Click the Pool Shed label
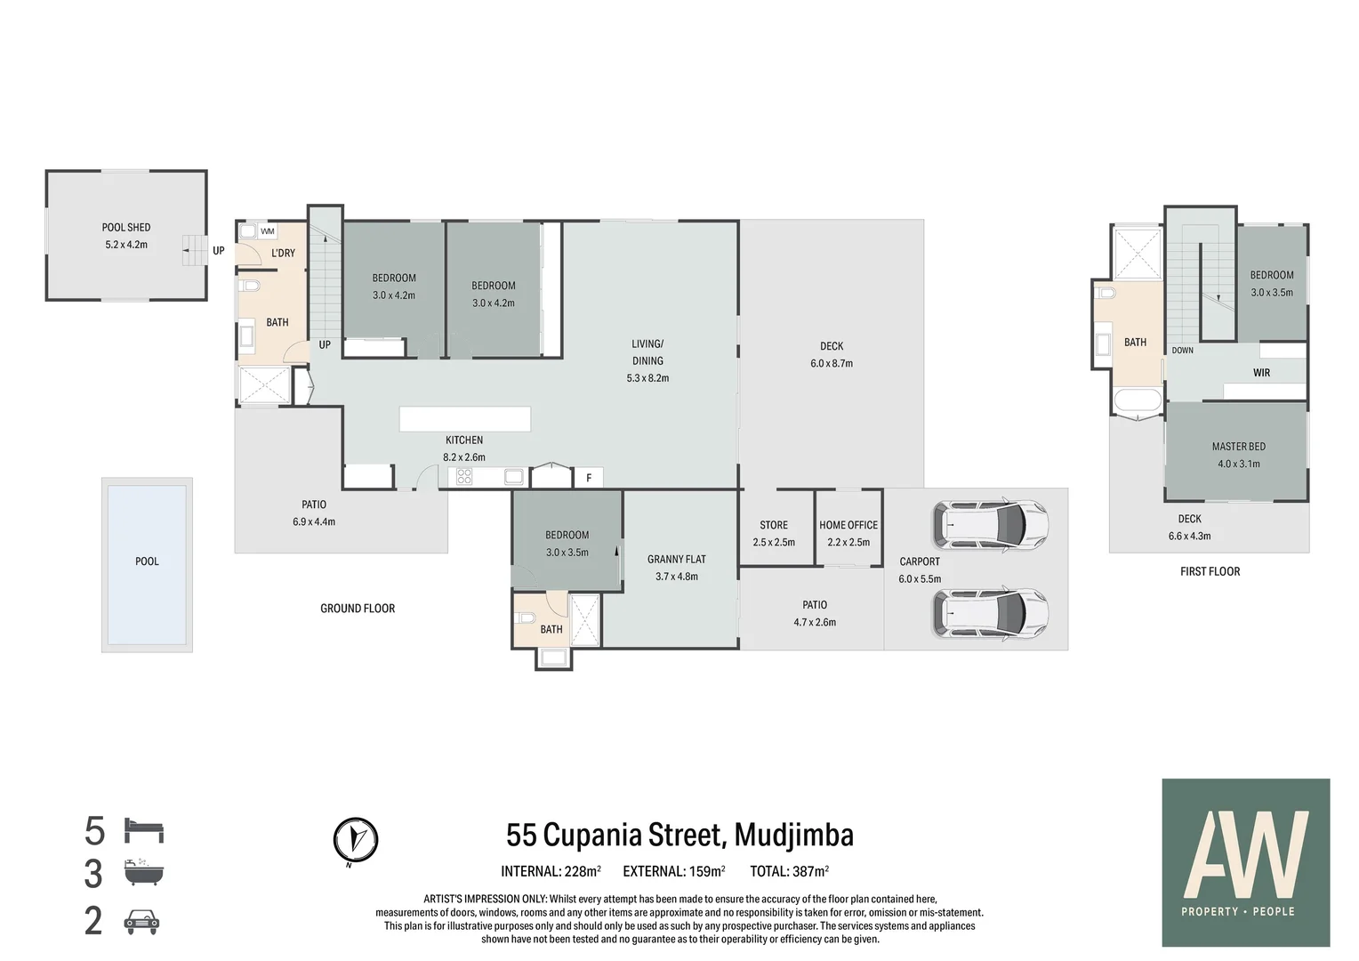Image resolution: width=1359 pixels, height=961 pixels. coord(125,228)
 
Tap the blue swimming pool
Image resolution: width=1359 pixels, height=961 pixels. coord(147,564)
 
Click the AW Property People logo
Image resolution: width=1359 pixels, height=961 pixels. coord(1245,862)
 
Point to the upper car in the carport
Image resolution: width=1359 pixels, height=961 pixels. coord(989,524)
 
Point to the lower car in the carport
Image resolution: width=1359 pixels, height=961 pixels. coord(989,612)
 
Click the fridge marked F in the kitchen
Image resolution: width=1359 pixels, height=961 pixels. coord(588,478)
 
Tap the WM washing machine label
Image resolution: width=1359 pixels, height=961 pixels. coord(268,231)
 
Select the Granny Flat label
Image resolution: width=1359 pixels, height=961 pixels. coord(676,560)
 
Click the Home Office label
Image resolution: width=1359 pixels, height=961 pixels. coord(848,525)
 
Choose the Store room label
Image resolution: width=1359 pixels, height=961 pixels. coord(773,525)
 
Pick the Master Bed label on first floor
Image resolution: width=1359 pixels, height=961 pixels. coord(1238,447)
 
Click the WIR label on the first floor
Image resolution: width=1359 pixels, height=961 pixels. coord(1261,373)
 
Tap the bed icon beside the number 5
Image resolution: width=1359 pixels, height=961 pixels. coord(143,830)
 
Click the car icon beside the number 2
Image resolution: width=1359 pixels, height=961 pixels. coord(141,921)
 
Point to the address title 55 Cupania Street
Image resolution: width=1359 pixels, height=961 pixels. coord(679,835)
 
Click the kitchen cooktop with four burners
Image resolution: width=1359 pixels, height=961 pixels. coord(463,477)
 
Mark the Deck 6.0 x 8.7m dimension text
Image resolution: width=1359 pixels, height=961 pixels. coord(831,364)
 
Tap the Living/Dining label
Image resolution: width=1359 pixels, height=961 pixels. coord(647,351)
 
